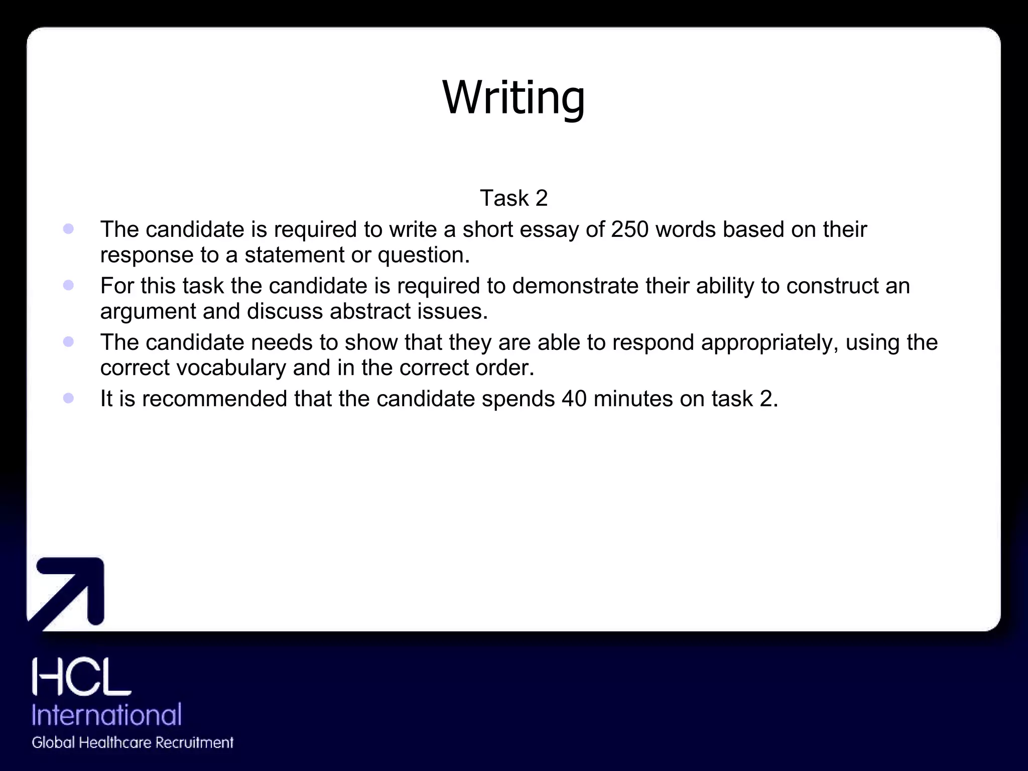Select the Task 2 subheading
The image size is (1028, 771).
[x=513, y=198]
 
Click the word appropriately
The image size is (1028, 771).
[x=770, y=343]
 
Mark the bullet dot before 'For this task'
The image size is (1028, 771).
[x=69, y=285]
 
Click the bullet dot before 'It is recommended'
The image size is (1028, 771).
[x=69, y=398]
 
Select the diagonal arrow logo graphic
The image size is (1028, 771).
[x=68, y=593]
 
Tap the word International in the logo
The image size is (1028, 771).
[x=106, y=714]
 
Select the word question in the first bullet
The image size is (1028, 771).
[x=423, y=255]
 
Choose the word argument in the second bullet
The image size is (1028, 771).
[x=148, y=312]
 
